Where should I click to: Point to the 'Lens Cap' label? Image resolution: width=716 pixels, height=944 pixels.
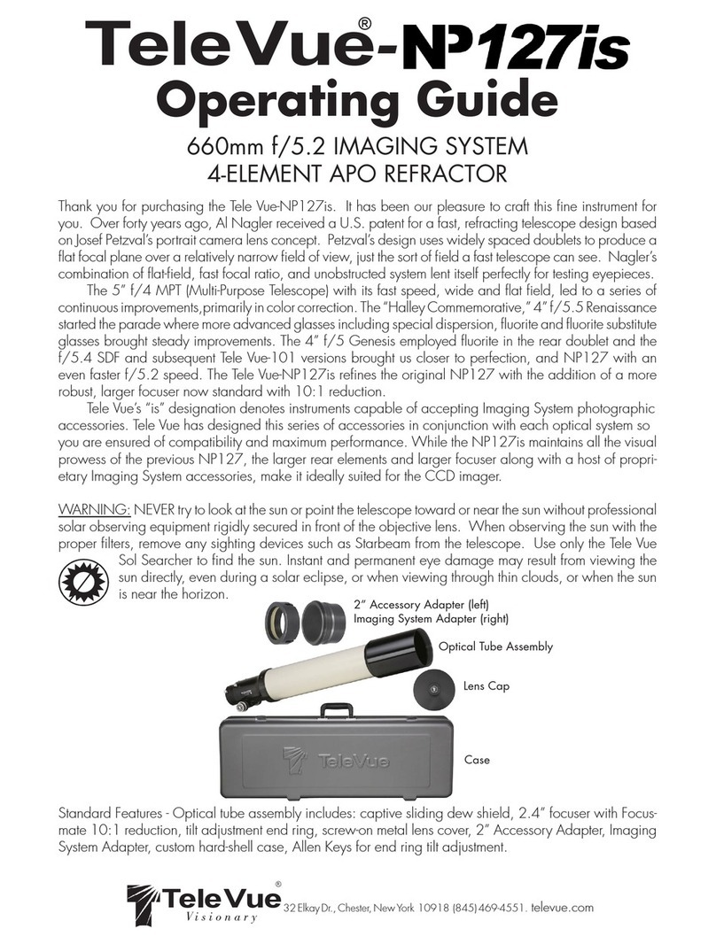(x=486, y=685)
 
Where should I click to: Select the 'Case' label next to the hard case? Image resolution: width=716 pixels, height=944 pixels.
(x=477, y=760)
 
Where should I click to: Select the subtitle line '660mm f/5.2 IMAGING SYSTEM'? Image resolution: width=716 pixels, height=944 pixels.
(x=357, y=147)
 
